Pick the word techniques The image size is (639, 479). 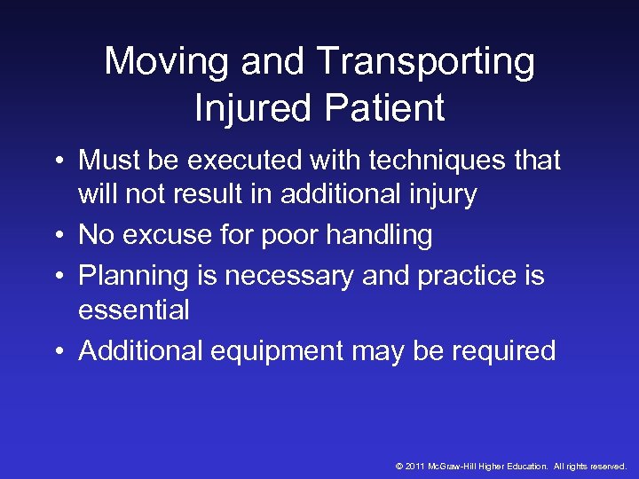(430, 161)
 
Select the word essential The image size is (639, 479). (134, 310)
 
